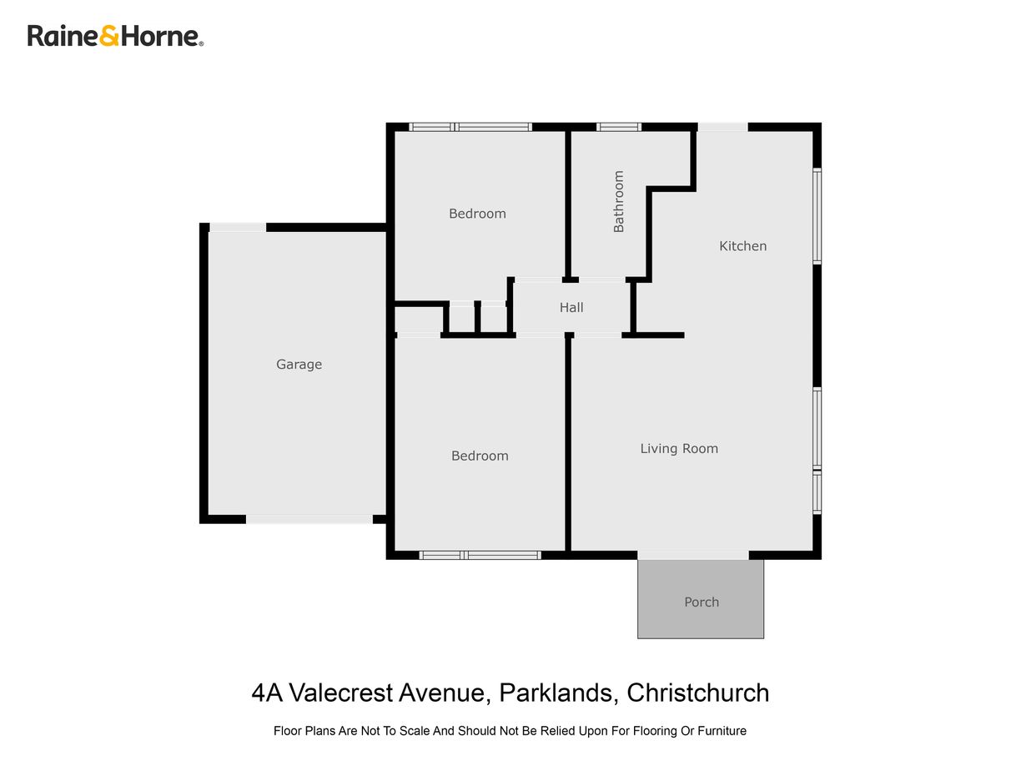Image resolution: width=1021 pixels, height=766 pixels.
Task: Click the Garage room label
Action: coord(299,364)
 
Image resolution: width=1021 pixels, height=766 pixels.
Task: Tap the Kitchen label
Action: coord(742,246)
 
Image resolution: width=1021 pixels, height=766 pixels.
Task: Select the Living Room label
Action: coord(679,449)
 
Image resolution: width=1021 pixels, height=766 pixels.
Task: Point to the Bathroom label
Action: coord(618,201)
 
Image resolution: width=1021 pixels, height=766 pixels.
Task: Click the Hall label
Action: coord(571,307)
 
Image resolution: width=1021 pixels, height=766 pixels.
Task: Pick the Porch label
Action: coord(701,602)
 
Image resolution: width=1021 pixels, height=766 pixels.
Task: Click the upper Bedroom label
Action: coord(477,214)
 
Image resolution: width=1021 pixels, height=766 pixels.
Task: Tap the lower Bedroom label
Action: coord(480,456)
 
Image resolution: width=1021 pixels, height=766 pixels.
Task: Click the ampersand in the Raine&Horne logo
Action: coord(108,36)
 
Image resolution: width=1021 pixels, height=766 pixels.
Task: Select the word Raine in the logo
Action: coord(63,36)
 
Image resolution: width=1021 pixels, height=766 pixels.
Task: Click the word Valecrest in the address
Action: coord(341,693)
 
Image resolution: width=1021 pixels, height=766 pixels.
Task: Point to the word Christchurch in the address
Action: coord(697,693)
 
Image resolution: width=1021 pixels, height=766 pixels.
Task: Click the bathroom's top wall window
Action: coord(619,127)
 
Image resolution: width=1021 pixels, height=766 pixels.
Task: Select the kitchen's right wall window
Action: coord(817,216)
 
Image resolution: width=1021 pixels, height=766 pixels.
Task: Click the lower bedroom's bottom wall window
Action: coord(480,555)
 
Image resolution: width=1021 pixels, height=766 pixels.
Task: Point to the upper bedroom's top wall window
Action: coord(470,127)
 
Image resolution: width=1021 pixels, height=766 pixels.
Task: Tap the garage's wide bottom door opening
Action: coord(309,519)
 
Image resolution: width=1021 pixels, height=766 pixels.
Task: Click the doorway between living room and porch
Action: coord(693,555)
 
